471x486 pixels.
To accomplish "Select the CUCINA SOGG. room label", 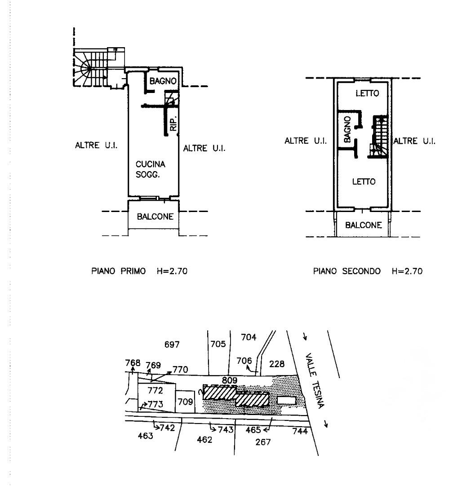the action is click(151, 169).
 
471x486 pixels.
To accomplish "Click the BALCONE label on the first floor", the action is click(155, 216).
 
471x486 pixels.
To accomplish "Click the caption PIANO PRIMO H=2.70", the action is click(139, 271).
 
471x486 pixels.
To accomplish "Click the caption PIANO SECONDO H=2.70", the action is click(368, 271).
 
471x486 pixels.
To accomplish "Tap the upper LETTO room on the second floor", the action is click(367, 93).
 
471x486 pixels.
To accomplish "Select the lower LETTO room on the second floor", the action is click(364, 182).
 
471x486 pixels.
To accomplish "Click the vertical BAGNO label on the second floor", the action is click(347, 129).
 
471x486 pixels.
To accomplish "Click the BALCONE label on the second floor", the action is click(364, 225).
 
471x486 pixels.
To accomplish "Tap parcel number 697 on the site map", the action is click(172, 345).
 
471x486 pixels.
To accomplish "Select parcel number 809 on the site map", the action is click(229, 380).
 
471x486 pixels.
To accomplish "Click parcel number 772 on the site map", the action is click(155, 389).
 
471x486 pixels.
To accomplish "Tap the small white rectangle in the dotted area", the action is click(286, 400).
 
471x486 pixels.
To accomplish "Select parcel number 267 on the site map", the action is click(263, 442).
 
